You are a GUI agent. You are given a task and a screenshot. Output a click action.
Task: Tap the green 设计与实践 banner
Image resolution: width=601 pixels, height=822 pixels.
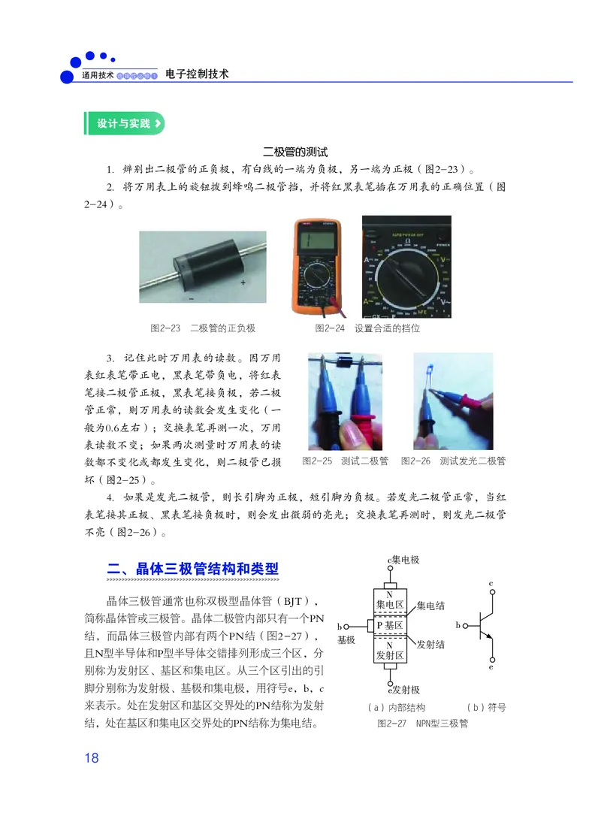pyautogui.click(x=124, y=123)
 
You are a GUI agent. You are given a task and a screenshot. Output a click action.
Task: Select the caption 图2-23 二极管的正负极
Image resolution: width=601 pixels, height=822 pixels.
pyautogui.click(x=203, y=328)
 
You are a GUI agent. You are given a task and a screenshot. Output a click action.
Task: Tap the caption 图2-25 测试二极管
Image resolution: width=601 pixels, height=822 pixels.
pyautogui.click(x=345, y=461)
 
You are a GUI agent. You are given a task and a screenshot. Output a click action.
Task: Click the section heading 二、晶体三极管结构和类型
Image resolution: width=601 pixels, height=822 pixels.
pyautogui.click(x=194, y=568)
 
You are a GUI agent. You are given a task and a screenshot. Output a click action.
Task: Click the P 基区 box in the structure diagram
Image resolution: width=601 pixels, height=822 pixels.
pyautogui.click(x=390, y=625)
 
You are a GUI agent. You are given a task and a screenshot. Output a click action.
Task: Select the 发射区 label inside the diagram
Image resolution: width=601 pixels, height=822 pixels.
pyautogui.click(x=390, y=655)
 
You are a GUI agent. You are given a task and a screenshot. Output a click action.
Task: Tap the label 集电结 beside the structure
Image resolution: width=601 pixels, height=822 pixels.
pyautogui.click(x=430, y=606)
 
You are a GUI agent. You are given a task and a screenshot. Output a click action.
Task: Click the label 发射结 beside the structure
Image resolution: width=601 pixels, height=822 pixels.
pyautogui.click(x=430, y=645)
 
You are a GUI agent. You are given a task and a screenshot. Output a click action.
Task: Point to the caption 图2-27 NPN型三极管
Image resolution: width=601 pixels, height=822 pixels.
pyautogui.click(x=422, y=723)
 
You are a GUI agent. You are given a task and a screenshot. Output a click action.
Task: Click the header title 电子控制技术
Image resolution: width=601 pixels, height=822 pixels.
pyautogui.click(x=197, y=74)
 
